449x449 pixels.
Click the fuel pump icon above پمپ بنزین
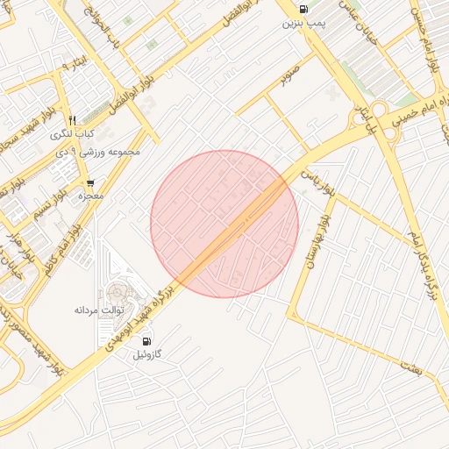click(x=303, y=10)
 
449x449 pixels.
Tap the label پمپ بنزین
click(x=303, y=24)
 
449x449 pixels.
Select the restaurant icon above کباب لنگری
click(x=73, y=120)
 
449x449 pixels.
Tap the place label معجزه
click(x=91, y=196)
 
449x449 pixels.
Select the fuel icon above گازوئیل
click(x=146, y=341)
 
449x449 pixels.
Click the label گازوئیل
click(x=146, y=355)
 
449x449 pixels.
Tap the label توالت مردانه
click(x=99, y=310)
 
